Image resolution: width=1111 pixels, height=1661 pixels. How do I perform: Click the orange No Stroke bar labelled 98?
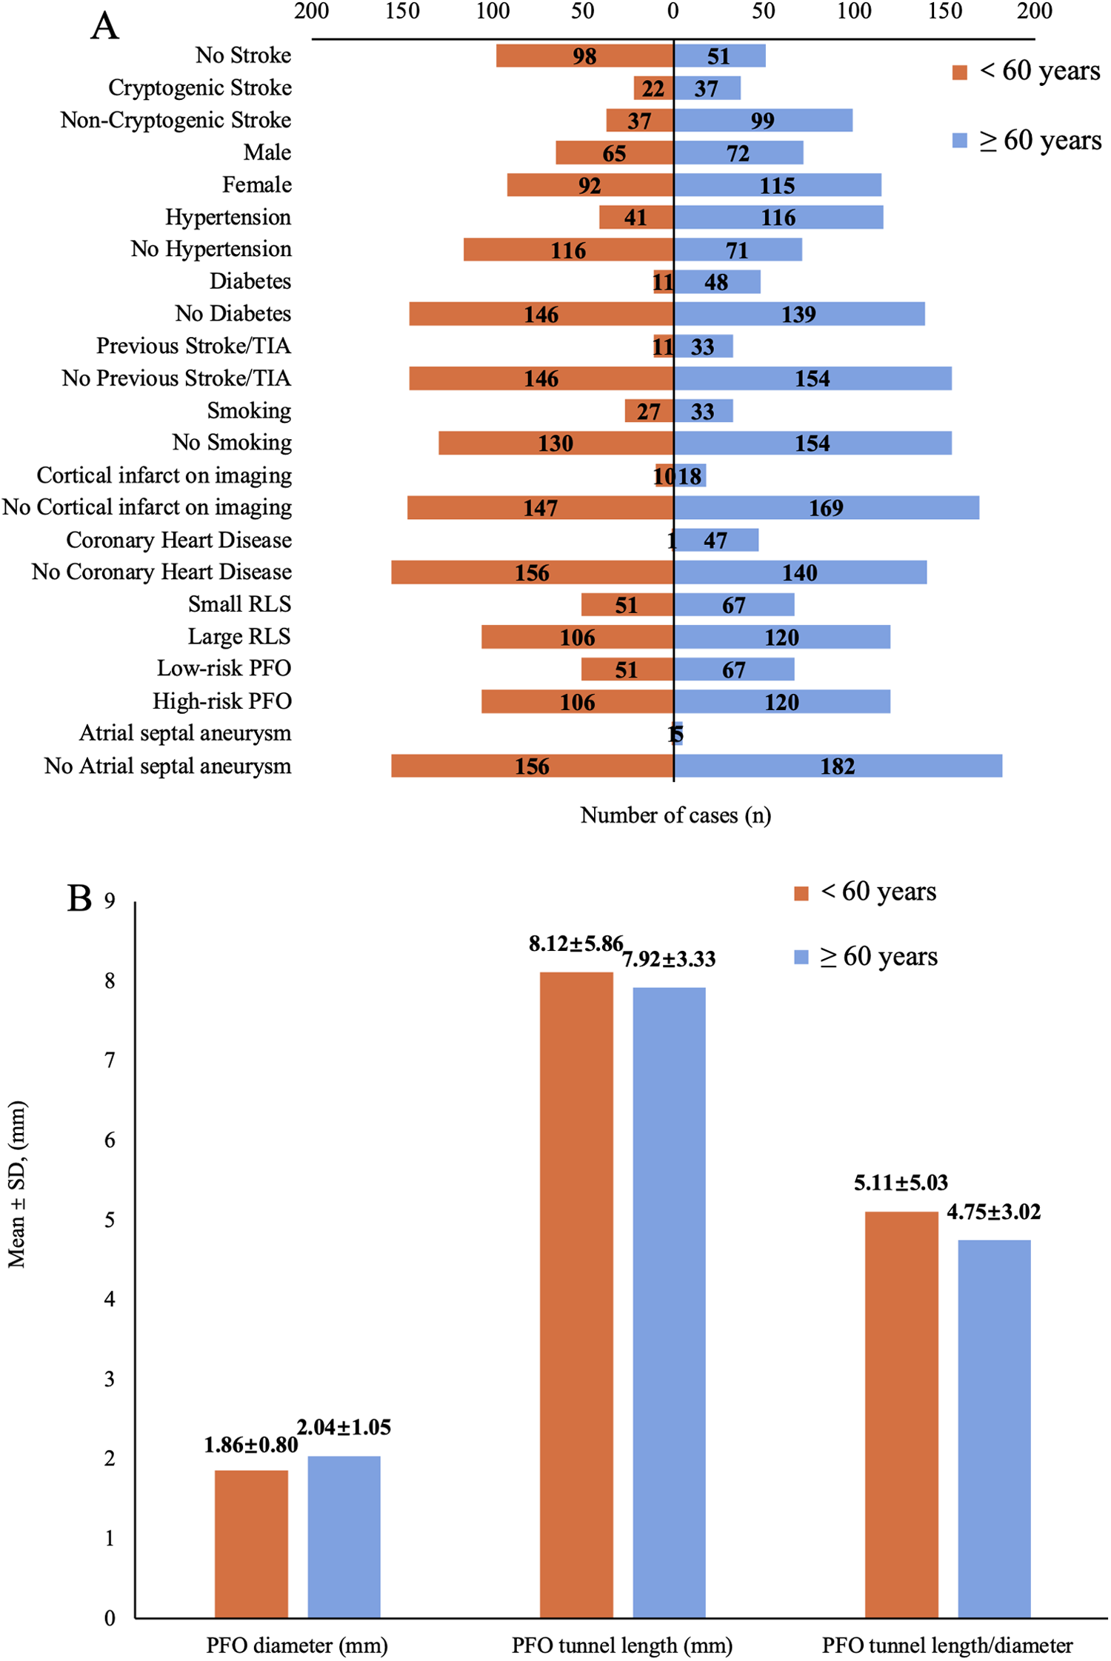click(x=584, y=56)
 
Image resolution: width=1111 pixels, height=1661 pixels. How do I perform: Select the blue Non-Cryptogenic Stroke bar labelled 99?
click(x=763, y=120)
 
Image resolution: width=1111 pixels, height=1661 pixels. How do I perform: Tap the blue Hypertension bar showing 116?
click(x=778, y=217)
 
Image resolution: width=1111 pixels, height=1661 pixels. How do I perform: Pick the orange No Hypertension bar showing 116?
click(x=568, y=250)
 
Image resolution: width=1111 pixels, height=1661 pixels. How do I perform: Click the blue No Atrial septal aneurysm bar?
click(x=838, y=766)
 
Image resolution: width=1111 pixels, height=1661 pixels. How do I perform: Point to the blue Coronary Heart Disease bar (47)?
click(x=716, y=540)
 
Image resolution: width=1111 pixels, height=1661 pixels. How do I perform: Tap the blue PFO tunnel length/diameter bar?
click(x=994, y=1429)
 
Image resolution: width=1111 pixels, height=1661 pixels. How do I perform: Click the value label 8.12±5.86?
click(x=575, y=943)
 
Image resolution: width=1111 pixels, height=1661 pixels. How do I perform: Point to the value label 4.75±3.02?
click(x=993, y=1212)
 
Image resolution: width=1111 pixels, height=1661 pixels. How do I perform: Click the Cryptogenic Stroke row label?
click(x=200, y=87)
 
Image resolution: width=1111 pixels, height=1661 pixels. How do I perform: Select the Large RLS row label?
click(x=239, y=637)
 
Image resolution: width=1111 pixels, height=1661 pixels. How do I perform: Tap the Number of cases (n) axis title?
click(x=675, y=815)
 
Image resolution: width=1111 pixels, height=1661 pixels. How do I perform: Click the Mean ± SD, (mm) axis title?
click(x=17, y=1185)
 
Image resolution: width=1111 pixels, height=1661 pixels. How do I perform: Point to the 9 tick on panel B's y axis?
click(x=110, y=900)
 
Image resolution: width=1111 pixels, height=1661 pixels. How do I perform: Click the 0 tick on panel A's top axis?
click(x=673, y=11)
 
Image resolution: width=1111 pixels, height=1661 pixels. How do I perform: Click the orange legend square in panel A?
click(x=960, y=72)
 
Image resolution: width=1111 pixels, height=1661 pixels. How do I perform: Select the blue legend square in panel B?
click(x=801, y=958)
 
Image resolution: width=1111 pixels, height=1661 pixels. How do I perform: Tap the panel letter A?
click(x=104, y=26)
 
